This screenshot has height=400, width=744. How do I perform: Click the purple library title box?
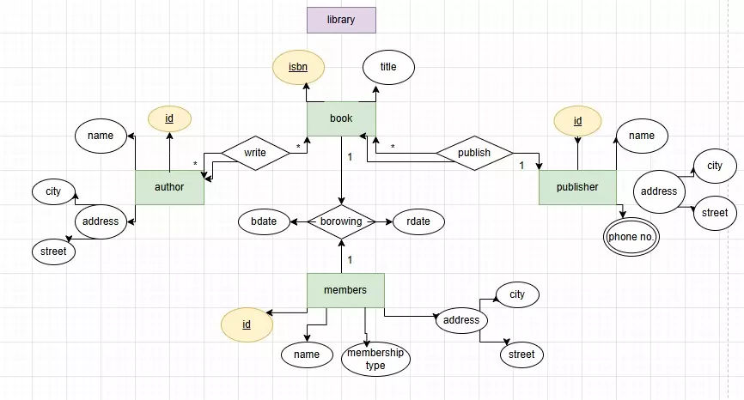[x=341, y=20]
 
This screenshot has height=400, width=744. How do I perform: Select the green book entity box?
[x=341, y=118]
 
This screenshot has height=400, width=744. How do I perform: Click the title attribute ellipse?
[x=388, y=66]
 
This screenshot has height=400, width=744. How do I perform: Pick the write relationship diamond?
[x=255, y=154]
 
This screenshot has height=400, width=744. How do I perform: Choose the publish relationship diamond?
[x=474, y=154]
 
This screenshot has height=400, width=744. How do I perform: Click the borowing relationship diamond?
[x=342, y=221]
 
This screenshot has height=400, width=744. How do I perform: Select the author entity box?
[x=169, y=187]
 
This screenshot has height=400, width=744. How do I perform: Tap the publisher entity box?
[x=577, y=187]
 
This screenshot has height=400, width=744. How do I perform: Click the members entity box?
[x=345, y=290]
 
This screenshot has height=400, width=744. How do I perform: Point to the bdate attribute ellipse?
[x=264, y=221]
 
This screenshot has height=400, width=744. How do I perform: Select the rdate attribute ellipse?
[x=418, y=221]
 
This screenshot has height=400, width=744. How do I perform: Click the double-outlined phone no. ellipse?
[x=629, y=237]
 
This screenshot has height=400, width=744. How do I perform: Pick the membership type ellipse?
[x=375, y=360]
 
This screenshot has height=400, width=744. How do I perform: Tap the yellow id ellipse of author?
[x=169, y=118]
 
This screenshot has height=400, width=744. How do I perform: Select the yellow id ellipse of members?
[x=247, y=324]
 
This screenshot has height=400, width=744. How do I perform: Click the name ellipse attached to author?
[x=101, y=136]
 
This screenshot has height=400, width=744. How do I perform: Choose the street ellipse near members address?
[x=521, y=354]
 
